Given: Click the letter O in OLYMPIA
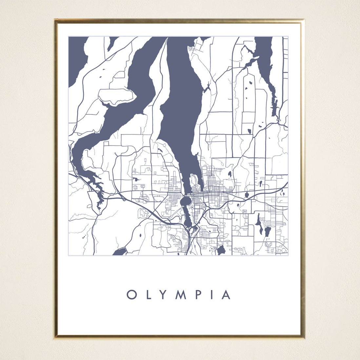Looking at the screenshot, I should point(131,295).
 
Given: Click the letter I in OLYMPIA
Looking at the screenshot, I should point(211,295).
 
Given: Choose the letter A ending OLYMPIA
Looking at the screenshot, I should point(226,295).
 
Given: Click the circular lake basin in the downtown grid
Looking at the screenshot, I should point(185,201).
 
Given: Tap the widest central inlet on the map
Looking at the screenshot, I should point(180,98).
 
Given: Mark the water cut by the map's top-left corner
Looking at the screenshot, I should point(76,59).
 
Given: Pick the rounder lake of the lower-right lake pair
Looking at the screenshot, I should point(268,232).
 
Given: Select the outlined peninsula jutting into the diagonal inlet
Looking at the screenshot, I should point(116,96).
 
